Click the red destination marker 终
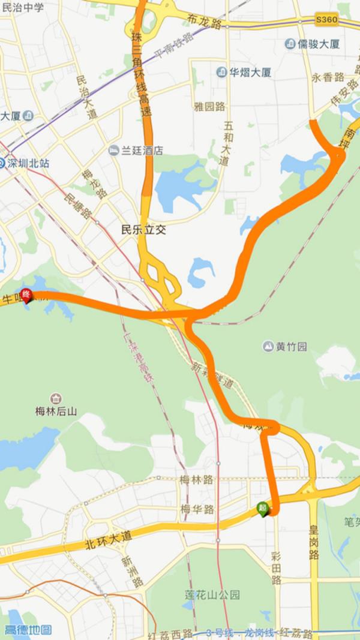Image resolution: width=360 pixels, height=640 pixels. coord(26,295)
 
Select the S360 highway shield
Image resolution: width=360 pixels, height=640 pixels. coord(326,20)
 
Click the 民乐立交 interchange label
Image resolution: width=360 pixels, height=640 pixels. coord(143,229)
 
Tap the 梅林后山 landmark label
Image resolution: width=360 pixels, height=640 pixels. coord(56,411)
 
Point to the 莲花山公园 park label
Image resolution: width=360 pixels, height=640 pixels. coord(212,595)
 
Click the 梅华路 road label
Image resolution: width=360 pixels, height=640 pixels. coord(197,509)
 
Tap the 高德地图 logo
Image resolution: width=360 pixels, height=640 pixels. coord(28,630)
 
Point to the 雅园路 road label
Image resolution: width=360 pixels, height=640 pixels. coord(209,106)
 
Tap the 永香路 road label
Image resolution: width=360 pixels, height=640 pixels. coord(328,77)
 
